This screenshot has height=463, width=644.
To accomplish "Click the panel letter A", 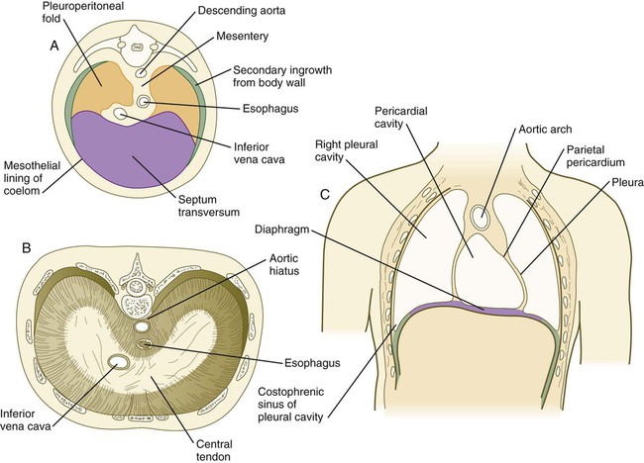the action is coord(54,46).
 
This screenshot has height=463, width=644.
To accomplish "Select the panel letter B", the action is coord(27,248).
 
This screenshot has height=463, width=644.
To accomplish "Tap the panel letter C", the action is coord(325,194).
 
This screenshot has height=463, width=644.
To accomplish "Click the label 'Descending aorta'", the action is coord(242,11).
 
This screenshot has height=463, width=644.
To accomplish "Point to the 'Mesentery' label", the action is coord(243,37).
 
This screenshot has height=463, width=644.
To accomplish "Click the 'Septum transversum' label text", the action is coord(209,206).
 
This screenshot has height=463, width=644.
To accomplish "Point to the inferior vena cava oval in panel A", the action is coord(121,114).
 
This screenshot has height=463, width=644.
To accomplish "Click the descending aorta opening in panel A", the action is coord(141,72).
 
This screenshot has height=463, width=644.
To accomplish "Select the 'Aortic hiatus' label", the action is coord(283,264).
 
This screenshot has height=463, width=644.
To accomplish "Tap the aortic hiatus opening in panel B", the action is coord(142,326).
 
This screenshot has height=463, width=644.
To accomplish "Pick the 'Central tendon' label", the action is coord(214,450).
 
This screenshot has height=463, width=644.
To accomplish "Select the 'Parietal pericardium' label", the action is coord(595,156).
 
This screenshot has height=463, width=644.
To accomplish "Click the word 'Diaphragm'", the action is coord(281,229).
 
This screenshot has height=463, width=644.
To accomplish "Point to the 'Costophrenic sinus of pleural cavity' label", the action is coord(290,405).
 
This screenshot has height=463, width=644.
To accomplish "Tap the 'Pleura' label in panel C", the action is coord(627,182).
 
